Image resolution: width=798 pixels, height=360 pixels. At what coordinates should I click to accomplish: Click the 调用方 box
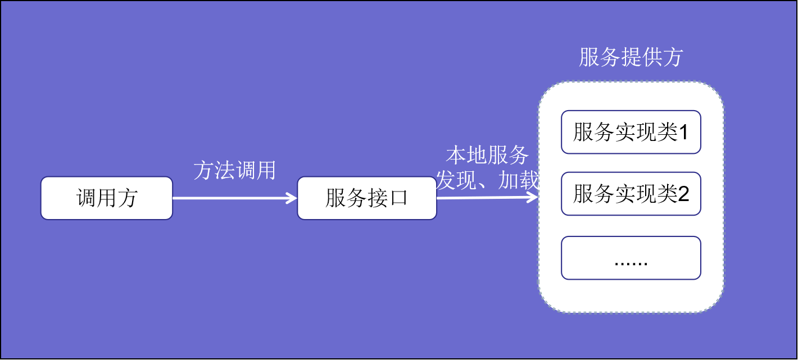107,198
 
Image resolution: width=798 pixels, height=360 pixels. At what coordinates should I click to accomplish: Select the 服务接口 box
367,198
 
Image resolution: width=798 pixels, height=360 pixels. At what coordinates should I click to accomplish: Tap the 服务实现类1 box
631,132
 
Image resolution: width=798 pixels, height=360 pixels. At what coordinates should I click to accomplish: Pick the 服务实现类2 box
631,194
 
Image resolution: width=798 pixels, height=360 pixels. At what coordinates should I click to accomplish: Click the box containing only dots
631,258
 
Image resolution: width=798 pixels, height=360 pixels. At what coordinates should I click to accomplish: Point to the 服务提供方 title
631,57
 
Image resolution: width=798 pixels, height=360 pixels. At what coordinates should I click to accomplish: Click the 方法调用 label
235,170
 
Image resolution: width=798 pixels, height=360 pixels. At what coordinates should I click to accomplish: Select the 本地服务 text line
487,155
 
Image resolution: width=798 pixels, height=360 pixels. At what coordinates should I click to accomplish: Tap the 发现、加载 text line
487,180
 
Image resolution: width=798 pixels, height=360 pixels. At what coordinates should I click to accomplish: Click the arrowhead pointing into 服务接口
292,198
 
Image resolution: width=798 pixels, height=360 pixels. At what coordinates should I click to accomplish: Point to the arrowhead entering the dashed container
533,197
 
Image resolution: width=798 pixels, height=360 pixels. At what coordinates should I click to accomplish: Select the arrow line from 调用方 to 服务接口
235,198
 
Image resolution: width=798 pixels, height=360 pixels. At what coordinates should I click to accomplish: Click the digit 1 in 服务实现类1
684,133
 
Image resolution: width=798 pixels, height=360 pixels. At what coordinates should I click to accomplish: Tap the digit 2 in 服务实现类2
684,194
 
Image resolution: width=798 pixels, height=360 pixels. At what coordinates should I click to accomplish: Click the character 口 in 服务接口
398,198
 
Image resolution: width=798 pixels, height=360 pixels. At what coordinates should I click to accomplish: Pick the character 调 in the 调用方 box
86,198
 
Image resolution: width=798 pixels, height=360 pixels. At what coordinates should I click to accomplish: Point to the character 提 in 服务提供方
631,57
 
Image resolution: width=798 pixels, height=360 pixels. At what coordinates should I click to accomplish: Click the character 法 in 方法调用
224,170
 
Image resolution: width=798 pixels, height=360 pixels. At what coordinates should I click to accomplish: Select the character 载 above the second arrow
528,180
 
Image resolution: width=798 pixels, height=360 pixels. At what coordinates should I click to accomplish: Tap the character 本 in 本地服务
456,155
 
